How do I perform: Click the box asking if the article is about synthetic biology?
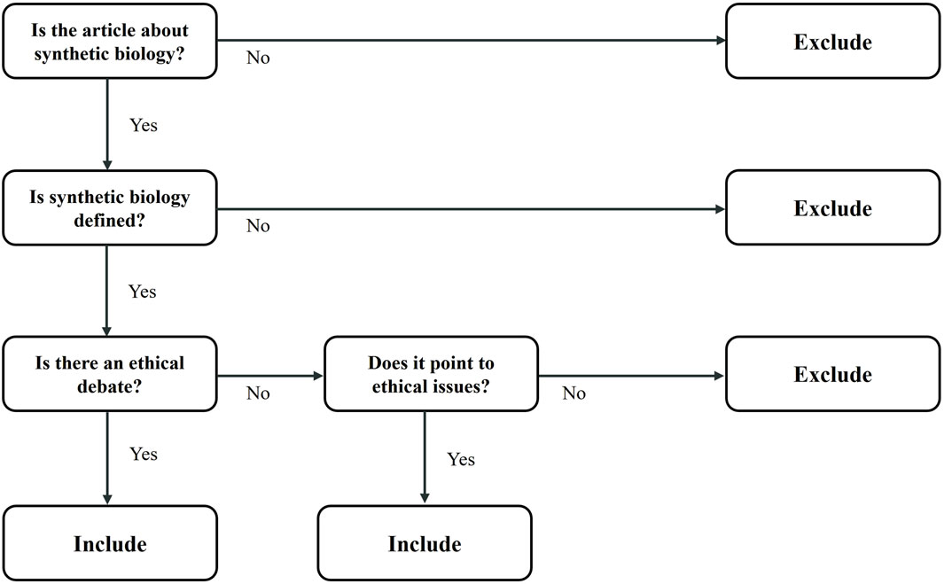click(x=109, y=41)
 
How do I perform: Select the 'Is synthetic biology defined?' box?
click(x=109, y=207)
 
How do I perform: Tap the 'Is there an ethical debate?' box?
click(x=109, y=373)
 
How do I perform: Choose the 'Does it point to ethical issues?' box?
click(x=431, y=373)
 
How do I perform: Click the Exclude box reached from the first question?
click(x=832, y=42)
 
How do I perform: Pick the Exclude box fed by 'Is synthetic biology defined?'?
click(x=832, y=208)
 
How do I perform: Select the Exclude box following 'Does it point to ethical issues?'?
click(x=832, y=374)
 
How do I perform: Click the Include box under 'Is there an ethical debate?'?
click(x=109, y=542)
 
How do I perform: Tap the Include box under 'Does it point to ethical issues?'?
click(x=425, y=542)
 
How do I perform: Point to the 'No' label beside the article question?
click(x=258, y=58)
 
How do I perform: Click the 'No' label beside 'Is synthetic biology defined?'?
click(x=258, y=226)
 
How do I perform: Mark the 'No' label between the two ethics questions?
click(x=258, y=393)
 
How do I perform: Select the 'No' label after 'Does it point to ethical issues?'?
click(x=574, y=393)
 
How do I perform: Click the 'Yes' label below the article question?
click(x=143, y=125)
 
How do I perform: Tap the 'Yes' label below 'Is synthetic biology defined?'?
click(x=143, y=291)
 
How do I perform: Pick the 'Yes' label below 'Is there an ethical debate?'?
click(x=143, y=454)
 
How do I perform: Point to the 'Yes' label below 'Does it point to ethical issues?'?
click(x=460, y=459)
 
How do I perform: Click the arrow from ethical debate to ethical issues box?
click(x=270, y=376)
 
